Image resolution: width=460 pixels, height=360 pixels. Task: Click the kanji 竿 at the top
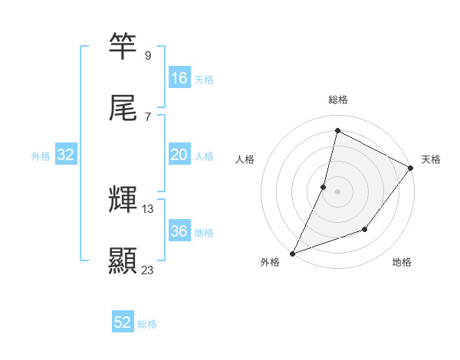click(123, 46)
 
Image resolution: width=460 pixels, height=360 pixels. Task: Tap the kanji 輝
click(123, 199)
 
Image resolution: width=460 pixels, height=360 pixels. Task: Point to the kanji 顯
click(123, 260)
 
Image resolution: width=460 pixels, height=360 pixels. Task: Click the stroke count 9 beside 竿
click(147, 55)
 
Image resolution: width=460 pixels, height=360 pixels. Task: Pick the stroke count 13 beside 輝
click(148, 208)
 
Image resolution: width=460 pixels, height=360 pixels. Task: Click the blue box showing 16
click(179, 78)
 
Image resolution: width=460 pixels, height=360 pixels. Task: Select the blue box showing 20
click(179, 155)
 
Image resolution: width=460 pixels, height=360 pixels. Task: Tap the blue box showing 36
click(179, 231)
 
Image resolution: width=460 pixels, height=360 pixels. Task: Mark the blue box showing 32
click(66, 155)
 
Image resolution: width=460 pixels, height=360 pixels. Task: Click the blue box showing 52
click(123, 323)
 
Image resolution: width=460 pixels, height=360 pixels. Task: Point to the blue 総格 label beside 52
click(147, 324)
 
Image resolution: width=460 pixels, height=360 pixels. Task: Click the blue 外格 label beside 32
click(41, 155)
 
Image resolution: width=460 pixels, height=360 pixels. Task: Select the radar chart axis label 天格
click(431, 159)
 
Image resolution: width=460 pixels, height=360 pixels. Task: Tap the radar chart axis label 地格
click(402, 262)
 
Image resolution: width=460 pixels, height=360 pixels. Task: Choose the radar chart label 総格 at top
click(338, 100)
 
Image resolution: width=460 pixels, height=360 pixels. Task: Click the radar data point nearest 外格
click(292, 253)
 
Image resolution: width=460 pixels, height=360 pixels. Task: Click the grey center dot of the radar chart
click(338, 191)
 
